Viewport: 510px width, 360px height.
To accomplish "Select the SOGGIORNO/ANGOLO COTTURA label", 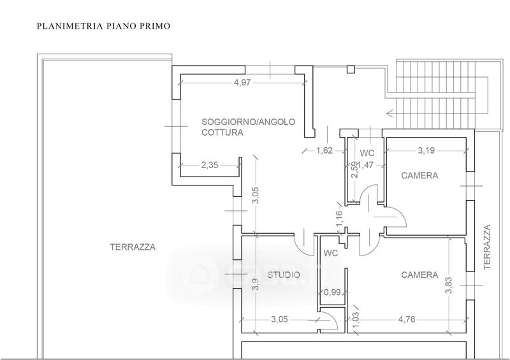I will point(248,127).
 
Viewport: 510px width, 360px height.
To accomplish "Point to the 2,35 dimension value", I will point(209,165).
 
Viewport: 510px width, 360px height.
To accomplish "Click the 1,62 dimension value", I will point(325,151).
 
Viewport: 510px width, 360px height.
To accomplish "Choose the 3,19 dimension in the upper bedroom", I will point(426,151).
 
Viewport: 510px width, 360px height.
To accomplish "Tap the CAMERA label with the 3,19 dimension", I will point(419,176).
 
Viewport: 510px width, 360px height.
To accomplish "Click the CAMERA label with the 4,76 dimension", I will point(419,275).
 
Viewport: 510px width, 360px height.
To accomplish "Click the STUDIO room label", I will point(284,275).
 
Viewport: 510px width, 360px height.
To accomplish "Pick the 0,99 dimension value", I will point(331,292).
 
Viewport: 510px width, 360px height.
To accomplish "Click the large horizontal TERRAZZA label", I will point(133,247).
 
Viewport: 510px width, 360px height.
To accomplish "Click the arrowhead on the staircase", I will point(390,114).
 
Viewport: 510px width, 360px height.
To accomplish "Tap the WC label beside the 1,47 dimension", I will point(367,154).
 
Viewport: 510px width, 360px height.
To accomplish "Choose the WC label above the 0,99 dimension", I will point(330,253).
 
